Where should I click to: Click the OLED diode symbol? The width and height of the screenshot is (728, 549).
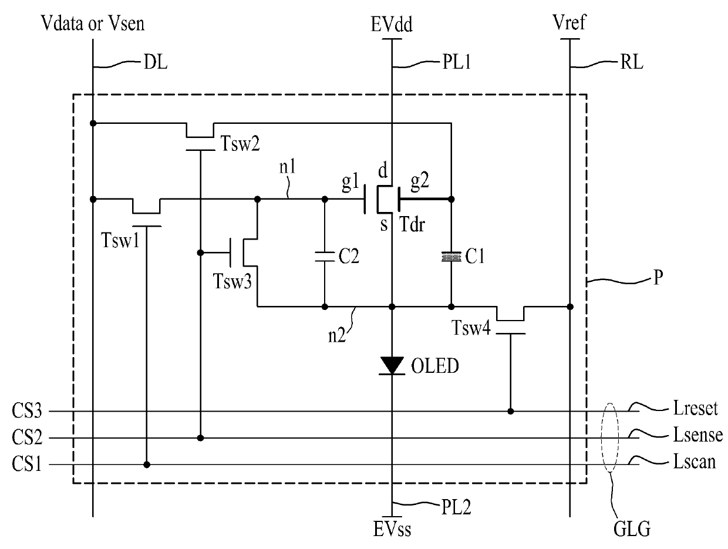coord(392,366)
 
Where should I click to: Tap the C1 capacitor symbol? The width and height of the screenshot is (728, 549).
coord(451,257)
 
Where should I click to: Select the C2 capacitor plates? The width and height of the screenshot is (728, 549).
coord(325,257)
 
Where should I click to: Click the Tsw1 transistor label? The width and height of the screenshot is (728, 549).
coord(120,240)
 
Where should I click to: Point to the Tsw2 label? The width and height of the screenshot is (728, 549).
coord(240,143)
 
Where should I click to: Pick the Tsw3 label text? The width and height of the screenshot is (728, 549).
coord(232,281)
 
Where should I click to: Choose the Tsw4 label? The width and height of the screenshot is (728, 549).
coord(471,328)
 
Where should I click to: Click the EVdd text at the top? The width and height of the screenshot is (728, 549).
coord(392,24)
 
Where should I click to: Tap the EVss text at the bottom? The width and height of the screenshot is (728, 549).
coord(392,529)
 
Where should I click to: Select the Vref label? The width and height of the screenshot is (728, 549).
coord(569,22)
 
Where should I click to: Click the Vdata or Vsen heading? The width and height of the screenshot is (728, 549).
coord(93,23)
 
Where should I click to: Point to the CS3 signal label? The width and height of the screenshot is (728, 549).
coord(27,410)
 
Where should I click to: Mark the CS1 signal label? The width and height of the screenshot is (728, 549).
coord(27,463)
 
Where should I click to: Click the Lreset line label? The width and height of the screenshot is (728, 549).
coord(695,407)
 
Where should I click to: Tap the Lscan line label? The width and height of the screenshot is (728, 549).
coord(694,462)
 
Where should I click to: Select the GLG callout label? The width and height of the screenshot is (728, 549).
coord(632,529)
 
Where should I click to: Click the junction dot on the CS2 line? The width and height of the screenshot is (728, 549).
coord(200,438)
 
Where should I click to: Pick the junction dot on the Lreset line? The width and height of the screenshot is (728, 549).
coord(510,412)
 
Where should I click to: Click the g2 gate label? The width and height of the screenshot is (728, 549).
coord(420,182)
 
